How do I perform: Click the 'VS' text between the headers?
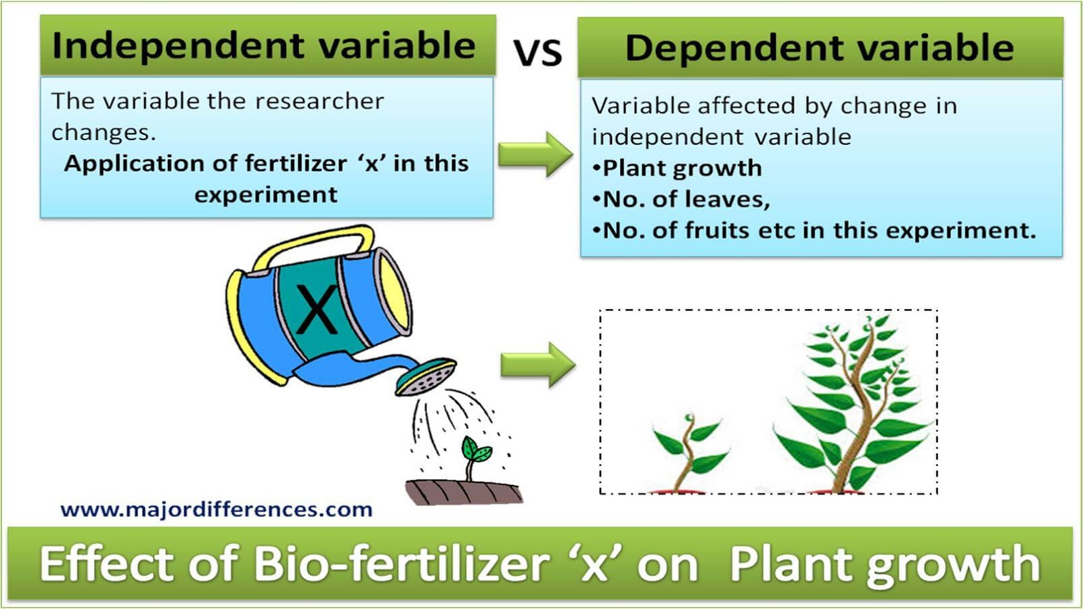pyautogui.click(x=537, y=53)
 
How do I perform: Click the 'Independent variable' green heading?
pyautogui.click(x=264, y=46)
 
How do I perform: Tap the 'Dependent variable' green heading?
pyautogui.click(x=819, y=48)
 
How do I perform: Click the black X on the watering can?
pyautogui.click(x=317, y=309)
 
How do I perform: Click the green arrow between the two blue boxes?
pyautogui.click(x=535, y=154)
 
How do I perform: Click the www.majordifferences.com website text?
pyautogui.click(x=216, y=509)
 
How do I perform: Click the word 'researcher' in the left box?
pyautogui.click(x=319, y=101)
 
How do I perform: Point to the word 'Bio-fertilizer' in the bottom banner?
pyautogui.click(x=401, y=564)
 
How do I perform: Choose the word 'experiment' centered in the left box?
pyautogui.click(x=265, y=195)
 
